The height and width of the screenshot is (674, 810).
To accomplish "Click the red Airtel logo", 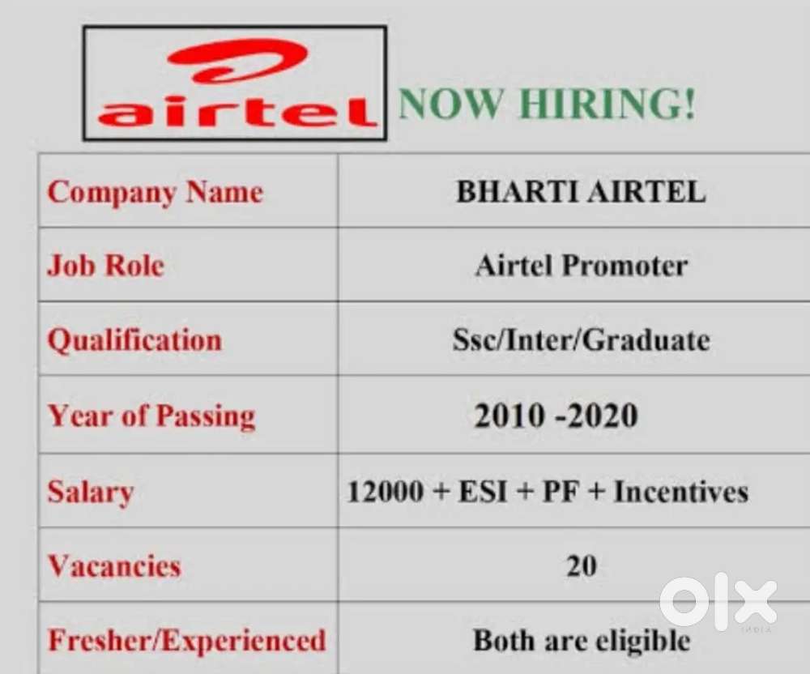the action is pos(235,83).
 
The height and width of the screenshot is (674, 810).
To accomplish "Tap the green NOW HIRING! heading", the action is pos(547,105).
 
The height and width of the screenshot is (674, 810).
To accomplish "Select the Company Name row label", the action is pos(156,193).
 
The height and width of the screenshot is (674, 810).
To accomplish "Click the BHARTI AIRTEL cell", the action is pos(581,192).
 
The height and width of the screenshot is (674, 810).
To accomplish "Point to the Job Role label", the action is pos(106,266).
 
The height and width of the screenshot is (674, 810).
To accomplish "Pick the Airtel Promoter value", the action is pos(582,266).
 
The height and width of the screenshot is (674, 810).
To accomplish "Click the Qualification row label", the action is pos(134,341).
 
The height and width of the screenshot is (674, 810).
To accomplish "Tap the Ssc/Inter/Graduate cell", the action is pos(582,340).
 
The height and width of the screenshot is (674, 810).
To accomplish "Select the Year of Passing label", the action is pos(152,416).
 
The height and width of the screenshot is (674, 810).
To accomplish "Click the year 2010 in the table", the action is pos(509,416).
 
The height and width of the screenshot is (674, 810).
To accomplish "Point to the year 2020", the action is pos(603,416).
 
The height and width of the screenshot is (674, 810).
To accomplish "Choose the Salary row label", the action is pos(91,492).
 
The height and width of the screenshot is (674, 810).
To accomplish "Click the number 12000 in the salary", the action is pos(386,491).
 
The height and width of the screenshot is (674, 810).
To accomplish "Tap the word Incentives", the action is pos(681,491).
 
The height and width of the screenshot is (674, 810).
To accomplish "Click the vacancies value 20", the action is pos(582,565).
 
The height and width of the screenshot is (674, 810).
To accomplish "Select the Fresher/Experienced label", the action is pos(187,641).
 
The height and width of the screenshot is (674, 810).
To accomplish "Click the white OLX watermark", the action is pos(718,602).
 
